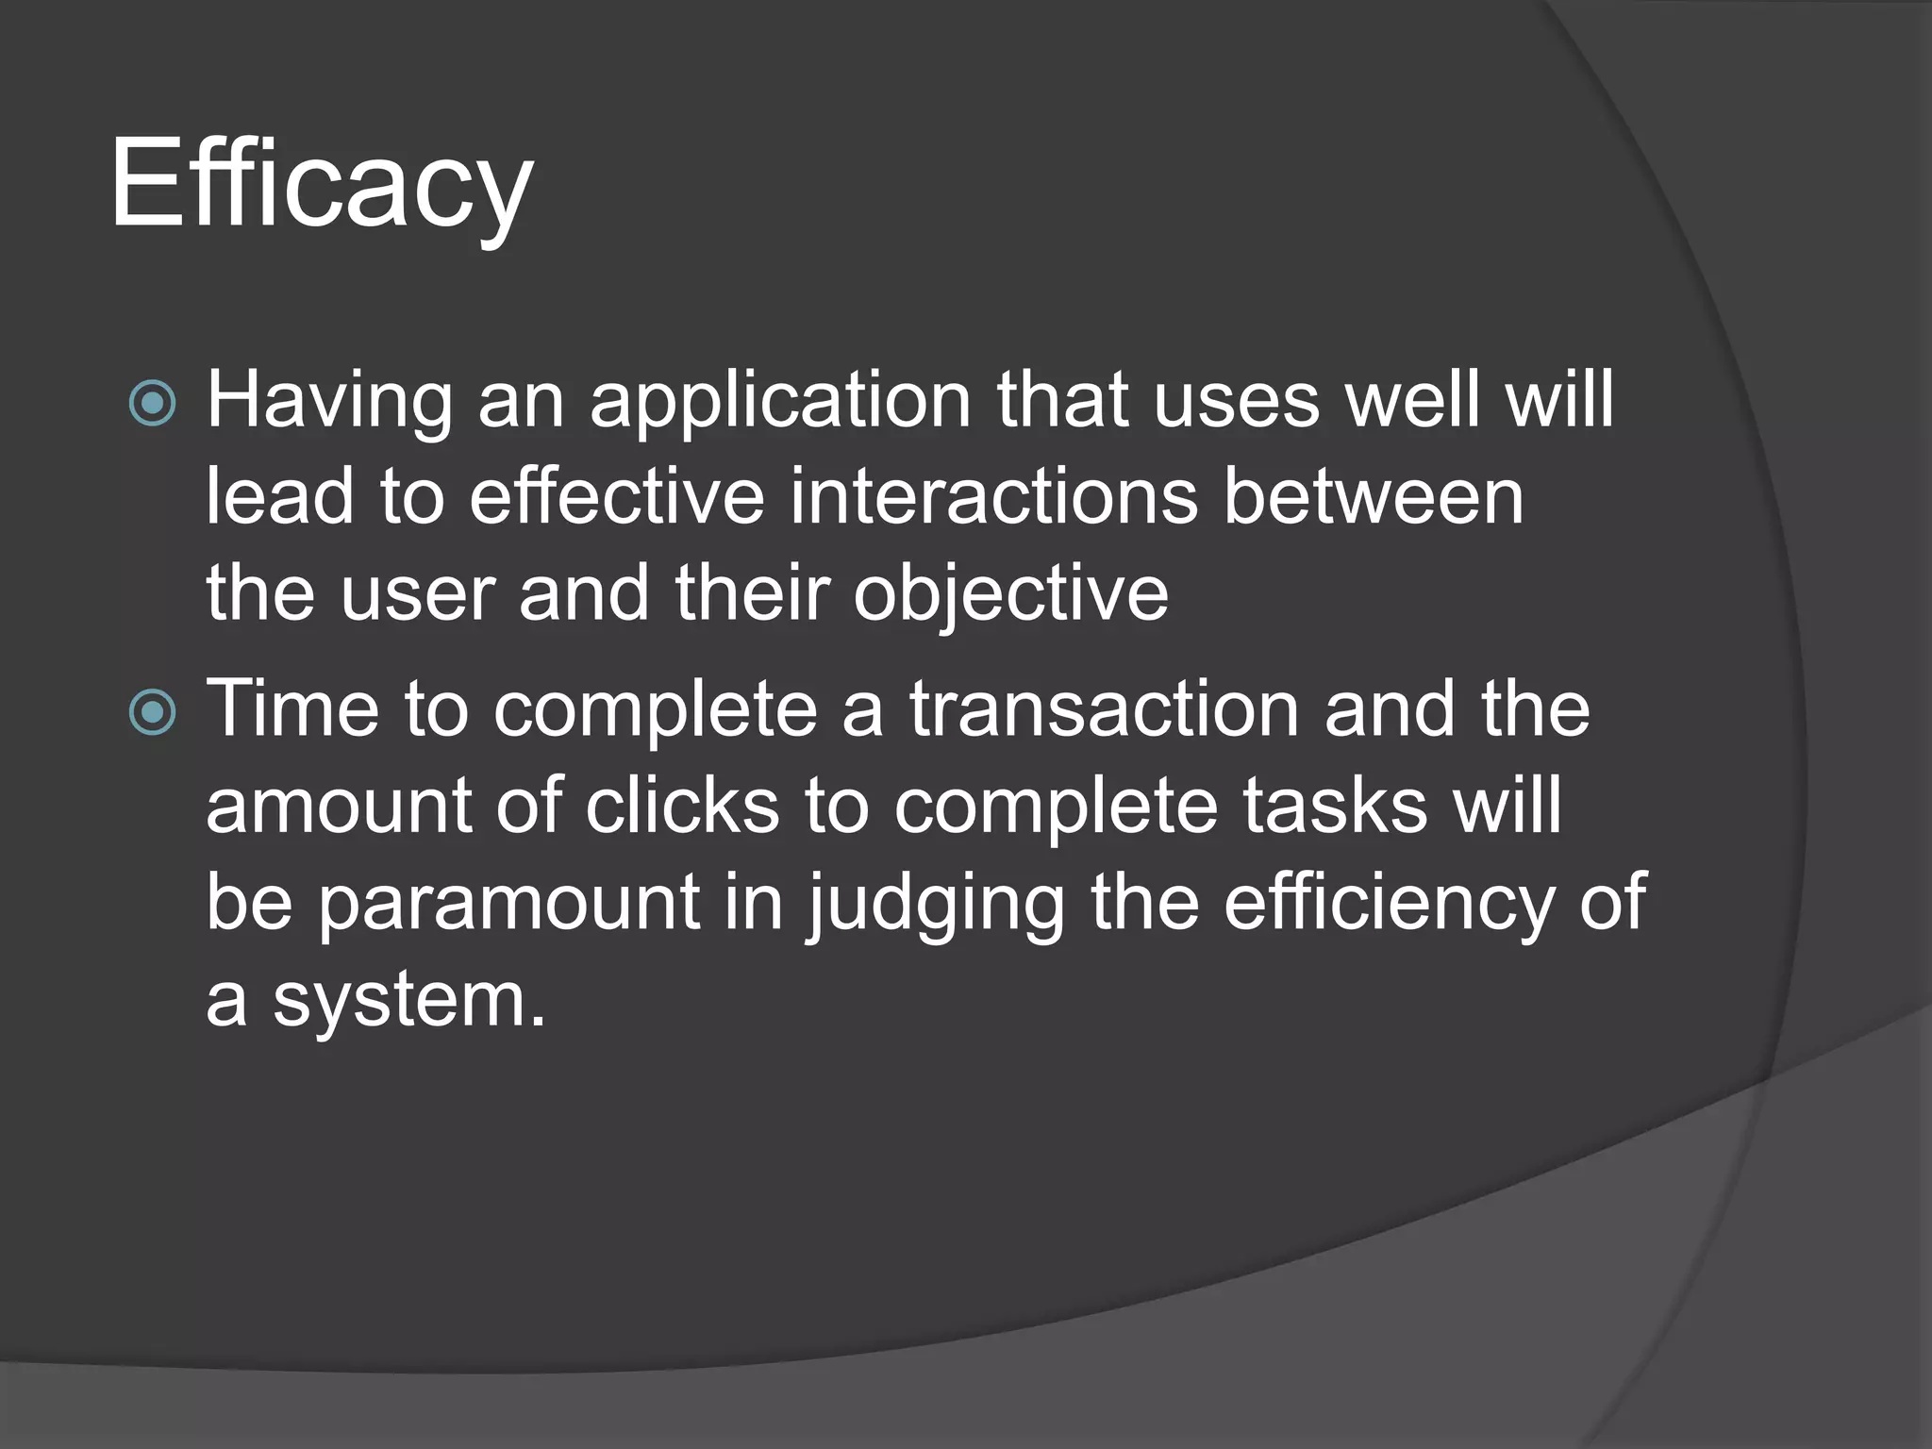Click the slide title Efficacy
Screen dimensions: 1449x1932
click(321, 184)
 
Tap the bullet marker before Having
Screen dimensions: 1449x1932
click(152, 404)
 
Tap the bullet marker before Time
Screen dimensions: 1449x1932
click(152, 712)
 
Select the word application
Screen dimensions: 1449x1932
click(780, 402)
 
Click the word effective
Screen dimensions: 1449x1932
click(616, 497)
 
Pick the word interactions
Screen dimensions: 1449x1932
click(993, 497)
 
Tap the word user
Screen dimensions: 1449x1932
click(417, 596)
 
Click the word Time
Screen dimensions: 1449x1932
click(291, 710)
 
